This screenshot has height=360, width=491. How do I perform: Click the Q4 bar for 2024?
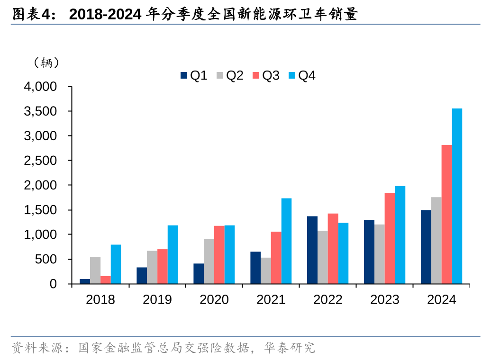(x=457, y=196)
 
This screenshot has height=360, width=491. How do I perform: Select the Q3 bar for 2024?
(x=446, y=214)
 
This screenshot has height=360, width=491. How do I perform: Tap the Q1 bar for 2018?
(x=85, y=281)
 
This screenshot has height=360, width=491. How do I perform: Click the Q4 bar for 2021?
(x=286, y=241)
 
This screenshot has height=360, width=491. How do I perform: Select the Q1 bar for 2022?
(x=312, y=250)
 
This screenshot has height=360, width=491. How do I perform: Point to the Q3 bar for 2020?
(x=219, y=255)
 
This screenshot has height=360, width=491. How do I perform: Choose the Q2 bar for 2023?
(x=379, y=254)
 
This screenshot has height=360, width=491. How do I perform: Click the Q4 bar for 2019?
(x=173, y=254)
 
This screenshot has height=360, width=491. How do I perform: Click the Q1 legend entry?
(x=194, y=75)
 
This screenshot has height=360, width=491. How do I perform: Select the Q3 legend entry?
(x=266, y=75)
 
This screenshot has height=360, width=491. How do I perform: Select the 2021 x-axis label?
(x=271, y=300)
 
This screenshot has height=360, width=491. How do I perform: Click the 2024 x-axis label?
(x=441, y=300)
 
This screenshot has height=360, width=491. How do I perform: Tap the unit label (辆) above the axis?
(x=46, y=63)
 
